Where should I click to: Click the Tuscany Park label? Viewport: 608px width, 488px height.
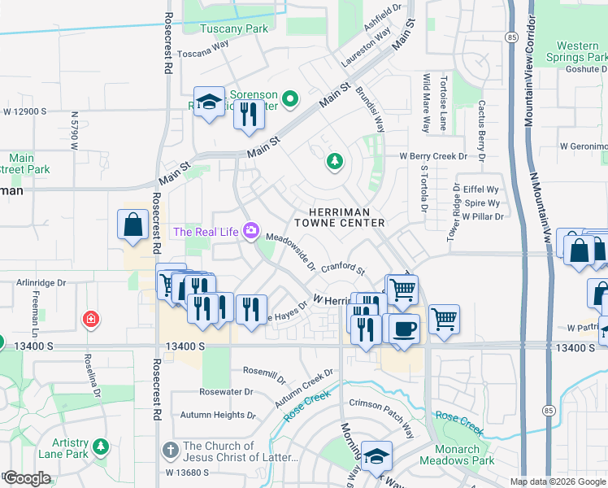(234, 28)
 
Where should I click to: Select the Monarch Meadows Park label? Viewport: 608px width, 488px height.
(457, 455)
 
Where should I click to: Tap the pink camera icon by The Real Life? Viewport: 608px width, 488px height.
(250, 232)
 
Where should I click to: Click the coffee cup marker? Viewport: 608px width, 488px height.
(404, 329)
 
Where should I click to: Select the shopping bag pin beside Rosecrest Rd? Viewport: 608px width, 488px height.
(132, 225)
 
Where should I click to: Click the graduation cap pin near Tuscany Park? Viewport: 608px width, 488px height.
(209, 102)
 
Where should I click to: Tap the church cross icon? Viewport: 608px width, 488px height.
(170, 450)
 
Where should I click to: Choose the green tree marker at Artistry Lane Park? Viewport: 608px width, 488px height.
(101, 446)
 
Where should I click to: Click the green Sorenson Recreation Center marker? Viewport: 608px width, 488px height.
(292, 99)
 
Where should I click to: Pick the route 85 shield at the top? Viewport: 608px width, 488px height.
(510, 37)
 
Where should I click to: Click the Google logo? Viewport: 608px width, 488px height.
(28, 478)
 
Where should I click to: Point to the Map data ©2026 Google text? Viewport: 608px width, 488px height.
(558, 481)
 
